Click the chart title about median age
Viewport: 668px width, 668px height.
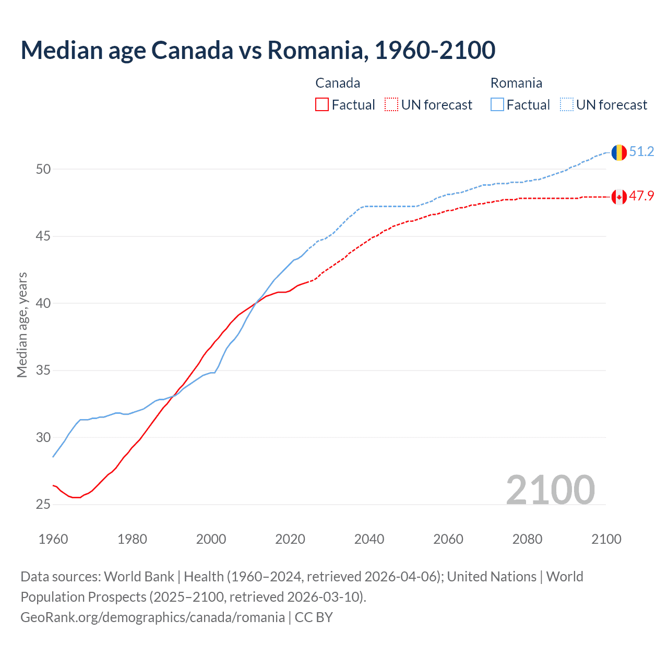pyautogui.click(x=258, y=51)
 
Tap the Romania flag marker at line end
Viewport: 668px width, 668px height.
pyautogui.click(x=619, y=152)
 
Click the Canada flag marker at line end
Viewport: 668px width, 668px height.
pyautogui.click(x=619, y=197)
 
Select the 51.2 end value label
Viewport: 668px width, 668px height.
pyautogui.click(x=641, y=152)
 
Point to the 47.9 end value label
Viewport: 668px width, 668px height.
pyautogui.click(x=641, y=196)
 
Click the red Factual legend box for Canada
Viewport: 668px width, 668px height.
pyautogui.click(x=322, y=105)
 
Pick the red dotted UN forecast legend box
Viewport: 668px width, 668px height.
pyautogui.click(x=391, y=105)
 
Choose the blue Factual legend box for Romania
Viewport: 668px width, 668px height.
pyautogui.click(x=497, y=105)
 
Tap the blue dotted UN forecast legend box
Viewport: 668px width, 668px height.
pyautogui.click(x=567, y=105)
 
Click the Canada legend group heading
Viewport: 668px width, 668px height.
pyautogui.click(x=338, y=83)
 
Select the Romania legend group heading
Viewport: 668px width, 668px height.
pyautogui.click(x=516, y=83)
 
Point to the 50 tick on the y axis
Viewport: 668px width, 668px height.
pyautogui.click(x=43, y=169)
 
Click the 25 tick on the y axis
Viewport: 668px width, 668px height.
pyautogui.click(x=43, y=505)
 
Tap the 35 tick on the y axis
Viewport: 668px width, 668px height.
pyautogui.click(x=43, y=371)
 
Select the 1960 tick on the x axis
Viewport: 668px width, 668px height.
pyautogui.click(x=53, y=539)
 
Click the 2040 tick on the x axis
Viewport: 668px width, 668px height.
pyautogui.click(x=369, y=539)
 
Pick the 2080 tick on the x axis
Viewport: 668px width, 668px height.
pyautogui.click(x=527, y=539)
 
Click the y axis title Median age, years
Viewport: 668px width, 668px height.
pyautogui.click(x=22, y=325)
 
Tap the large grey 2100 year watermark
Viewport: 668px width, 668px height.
pyautogui.click(x=550, y=490)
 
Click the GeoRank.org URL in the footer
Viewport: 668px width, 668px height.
pyautogui.click(x=152, y=617)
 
